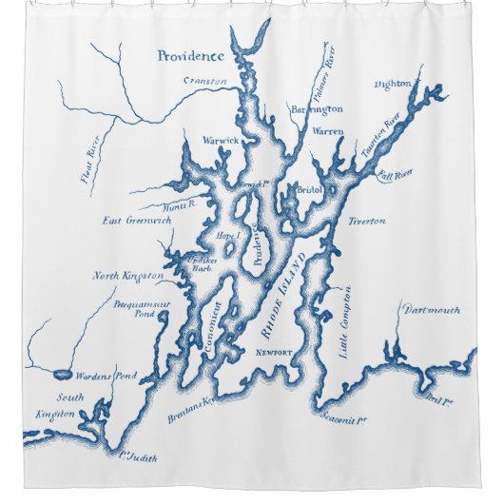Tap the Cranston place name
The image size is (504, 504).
pos(204,82)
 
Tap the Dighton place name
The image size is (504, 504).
pos(393,84)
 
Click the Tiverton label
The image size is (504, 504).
pos(366,221)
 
